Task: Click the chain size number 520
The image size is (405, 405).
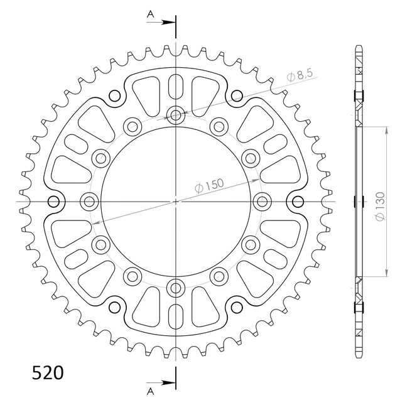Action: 48,373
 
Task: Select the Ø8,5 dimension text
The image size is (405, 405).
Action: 300,75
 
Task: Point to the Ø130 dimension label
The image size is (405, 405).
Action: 380,207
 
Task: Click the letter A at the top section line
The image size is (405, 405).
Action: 150,14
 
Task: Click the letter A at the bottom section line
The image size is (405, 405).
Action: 150,392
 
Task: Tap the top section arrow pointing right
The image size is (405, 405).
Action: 161,23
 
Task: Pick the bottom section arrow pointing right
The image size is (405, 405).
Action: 161,383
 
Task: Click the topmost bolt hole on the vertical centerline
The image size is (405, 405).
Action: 176,115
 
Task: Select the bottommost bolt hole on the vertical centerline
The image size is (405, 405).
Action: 176,288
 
